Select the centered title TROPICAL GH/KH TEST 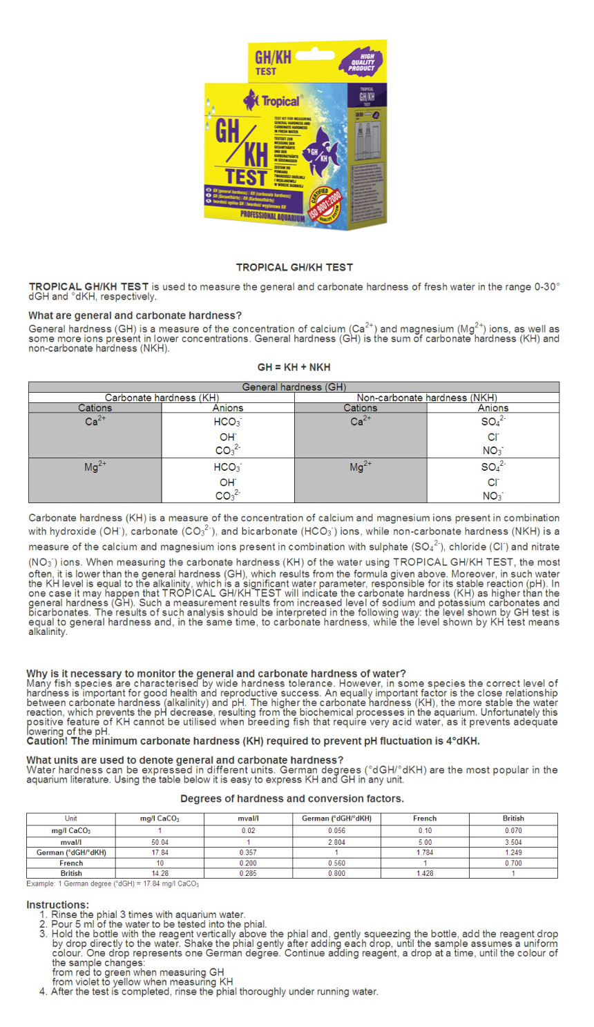(294, 267)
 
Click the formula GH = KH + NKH (294, 367)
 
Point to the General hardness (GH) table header (294, 387)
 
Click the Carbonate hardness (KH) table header (162, 398)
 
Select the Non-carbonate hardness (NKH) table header (426, 398)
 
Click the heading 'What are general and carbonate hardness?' (135, 315)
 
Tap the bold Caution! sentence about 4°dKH (253, 741)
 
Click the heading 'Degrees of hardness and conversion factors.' (292, 799)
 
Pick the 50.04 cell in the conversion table (160, 842)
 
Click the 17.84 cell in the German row (160, 852)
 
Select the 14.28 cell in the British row (160, 873)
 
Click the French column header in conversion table (425, 819)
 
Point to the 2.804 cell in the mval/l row (336, 842)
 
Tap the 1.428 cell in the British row (425, 873)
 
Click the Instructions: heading (57, 905)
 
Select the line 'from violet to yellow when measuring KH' (142, 981)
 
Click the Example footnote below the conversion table (113, 883)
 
